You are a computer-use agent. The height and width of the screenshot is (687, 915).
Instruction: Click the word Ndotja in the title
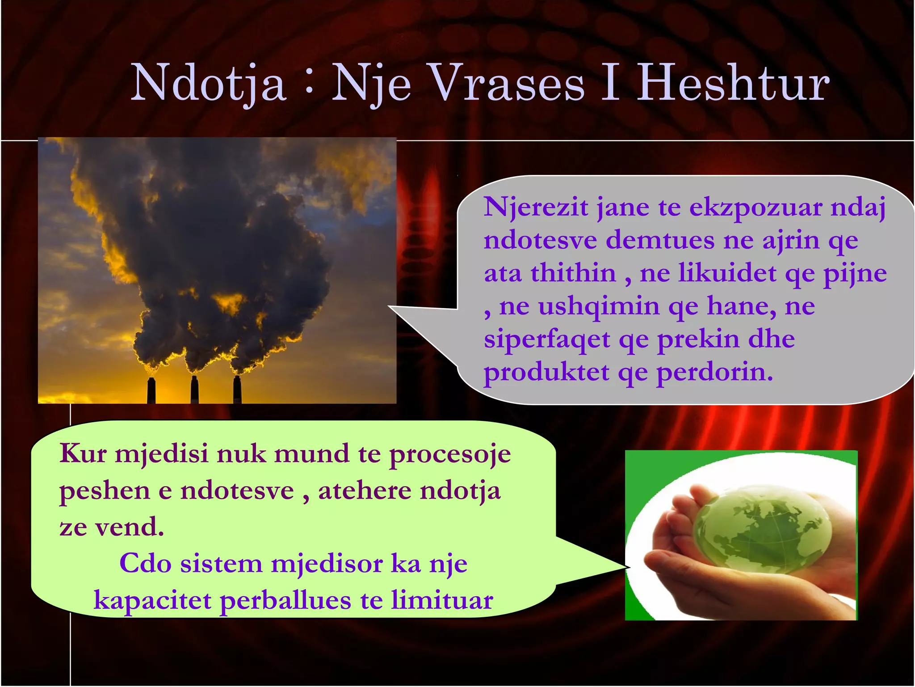(208, 84)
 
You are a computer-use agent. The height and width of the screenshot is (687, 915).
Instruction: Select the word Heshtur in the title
(733, 84)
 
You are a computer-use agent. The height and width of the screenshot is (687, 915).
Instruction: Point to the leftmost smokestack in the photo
(151, 390)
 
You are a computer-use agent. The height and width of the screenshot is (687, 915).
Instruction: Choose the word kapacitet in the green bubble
(152, 601)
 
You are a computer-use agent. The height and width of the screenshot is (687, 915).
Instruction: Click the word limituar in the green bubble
(442, 600)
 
